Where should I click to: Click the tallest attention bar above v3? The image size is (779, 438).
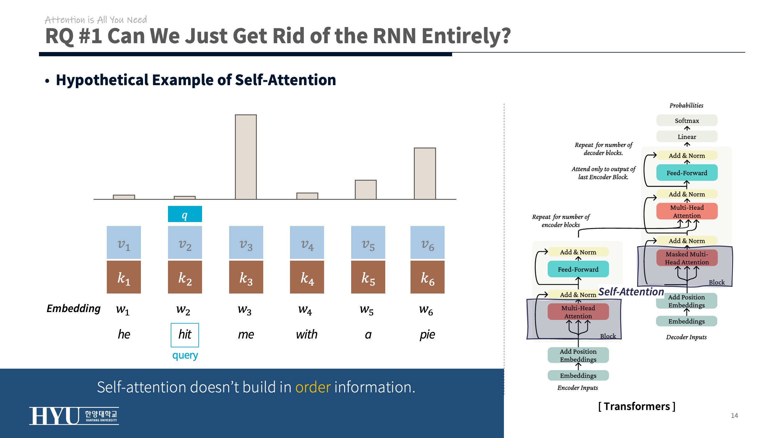point(246,157)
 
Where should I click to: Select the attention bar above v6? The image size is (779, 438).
point(424,173)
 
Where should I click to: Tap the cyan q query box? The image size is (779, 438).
point(185,214)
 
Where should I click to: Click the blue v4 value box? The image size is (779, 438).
point(307,242)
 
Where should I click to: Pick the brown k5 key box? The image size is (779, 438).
point(368,277)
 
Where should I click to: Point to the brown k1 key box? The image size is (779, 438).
point(124,277)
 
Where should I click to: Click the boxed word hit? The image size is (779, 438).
point(185,335)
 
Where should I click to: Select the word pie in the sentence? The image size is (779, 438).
point(427,335)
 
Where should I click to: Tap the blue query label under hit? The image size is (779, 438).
point(185,355)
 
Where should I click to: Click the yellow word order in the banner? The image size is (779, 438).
point(313,387)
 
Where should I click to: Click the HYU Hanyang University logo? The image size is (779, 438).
point(74,415)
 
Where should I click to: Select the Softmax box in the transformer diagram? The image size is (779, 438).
point(687,120)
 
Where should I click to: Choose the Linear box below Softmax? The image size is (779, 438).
point(687,137)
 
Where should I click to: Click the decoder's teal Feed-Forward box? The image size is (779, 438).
point(687,173)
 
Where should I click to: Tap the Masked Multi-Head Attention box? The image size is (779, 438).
point(687,258)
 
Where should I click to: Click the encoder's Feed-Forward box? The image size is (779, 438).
point(578,269)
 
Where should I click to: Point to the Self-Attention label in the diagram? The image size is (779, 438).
point(631,292)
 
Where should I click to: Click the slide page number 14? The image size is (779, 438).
point(734,415)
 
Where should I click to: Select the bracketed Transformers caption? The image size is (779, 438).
point(637,406)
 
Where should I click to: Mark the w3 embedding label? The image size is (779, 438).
point(245,310)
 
